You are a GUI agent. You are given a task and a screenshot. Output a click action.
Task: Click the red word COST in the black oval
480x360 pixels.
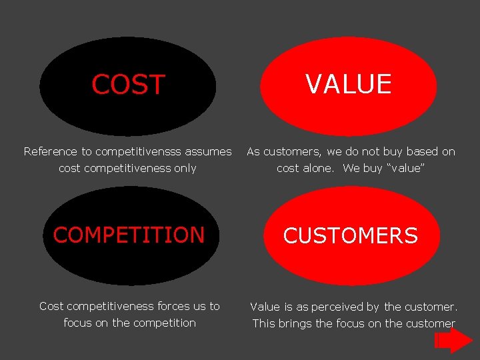[x=128, y=85]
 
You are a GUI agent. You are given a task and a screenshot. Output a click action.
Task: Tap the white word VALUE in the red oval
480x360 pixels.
[x=348, y=84]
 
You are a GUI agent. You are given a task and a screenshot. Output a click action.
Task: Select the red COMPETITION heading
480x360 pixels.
[x=129, y=235]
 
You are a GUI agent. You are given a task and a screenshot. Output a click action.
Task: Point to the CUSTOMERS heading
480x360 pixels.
[x=351, y=235]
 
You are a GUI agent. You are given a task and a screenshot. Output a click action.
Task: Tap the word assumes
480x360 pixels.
[x=209, y=152]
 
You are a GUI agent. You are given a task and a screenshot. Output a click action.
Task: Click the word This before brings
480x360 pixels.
[x=264, y=324]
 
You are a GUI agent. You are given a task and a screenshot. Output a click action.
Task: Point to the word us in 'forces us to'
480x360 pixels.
[x=200, y=307]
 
